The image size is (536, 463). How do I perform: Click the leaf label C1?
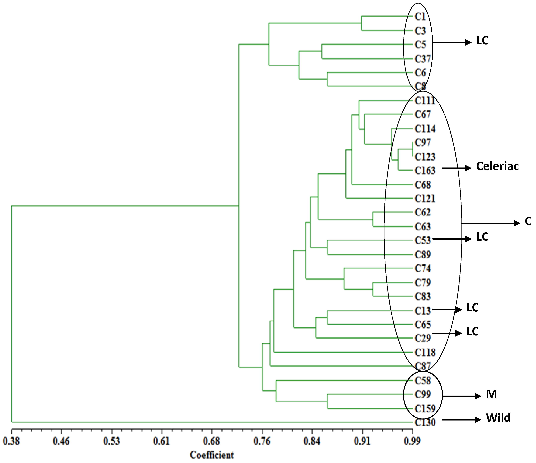click(420, 17)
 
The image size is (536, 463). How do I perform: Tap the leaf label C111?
click(425, 101)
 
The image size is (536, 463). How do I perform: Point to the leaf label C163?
click(425, 171)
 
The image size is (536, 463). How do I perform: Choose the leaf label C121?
click(425, 199)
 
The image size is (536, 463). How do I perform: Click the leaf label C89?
click(423, 255)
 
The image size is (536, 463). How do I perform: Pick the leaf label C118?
click(425, 353)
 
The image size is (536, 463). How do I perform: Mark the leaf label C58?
click(423, 381)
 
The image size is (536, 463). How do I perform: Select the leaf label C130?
click(425, 423)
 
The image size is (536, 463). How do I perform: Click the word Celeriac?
click(497, 166)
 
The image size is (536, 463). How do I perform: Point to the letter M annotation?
click(491, 394)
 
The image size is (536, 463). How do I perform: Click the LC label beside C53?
click(482, 237)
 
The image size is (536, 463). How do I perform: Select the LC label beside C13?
click(472, 308)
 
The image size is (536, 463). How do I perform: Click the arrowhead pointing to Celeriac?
click(468, 168)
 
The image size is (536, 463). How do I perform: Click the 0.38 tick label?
click(11, 441)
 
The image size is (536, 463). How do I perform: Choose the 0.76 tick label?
click(262, 441)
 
